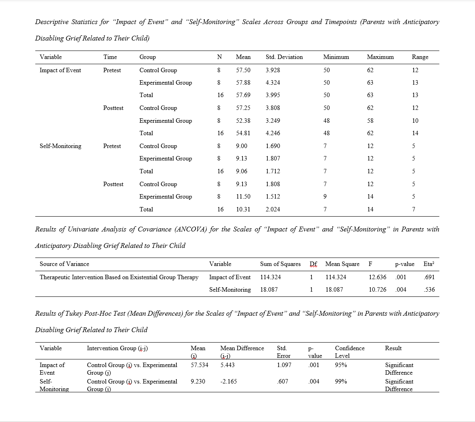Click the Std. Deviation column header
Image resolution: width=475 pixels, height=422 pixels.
point(284,57)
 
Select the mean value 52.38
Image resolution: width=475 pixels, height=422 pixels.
point(243,120)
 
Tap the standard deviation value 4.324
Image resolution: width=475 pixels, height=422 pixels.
point(273,83)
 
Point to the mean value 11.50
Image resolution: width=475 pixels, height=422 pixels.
point(243,197)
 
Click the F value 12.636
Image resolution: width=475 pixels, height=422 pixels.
point(377,277)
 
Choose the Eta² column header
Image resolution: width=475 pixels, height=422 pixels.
point(429,264)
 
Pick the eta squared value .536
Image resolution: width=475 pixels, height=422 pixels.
point(429,289)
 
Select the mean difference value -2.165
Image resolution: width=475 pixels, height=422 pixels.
point(228,381)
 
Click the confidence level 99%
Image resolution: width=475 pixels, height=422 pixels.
point(341,381)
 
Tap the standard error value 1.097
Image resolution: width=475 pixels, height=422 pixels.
point(284,365)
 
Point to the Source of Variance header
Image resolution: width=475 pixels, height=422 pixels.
point(65,264)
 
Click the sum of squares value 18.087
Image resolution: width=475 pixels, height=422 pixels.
point(269,289)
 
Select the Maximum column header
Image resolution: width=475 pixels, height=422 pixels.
point(380,57)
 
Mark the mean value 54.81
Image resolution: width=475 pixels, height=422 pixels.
point(243,133)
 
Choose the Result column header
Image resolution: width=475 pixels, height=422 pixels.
point(393,348)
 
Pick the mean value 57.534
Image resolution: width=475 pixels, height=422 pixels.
point(199,365)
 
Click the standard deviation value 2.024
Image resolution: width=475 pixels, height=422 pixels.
point(273,209)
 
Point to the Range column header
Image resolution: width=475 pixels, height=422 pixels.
point(420,57)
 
